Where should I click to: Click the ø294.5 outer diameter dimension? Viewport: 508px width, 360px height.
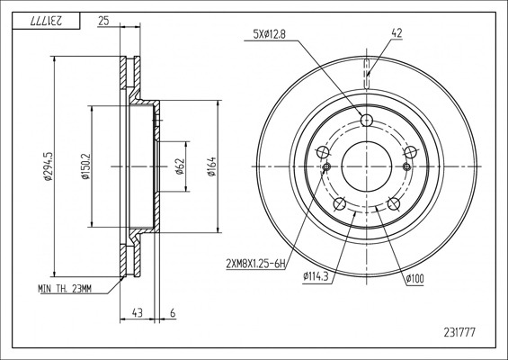click(x=49, y=166)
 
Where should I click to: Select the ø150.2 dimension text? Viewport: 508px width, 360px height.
click(x=85, y=166)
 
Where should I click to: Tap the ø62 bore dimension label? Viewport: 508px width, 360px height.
click(x=180, y=166)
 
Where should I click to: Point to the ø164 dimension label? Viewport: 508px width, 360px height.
click(x=212, y=166)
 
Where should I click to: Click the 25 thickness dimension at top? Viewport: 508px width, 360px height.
click(x=103, y=21)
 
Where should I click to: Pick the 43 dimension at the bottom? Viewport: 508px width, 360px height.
click(x=138, y=313)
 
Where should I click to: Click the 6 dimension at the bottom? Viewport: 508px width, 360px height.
click(x=173, y=313)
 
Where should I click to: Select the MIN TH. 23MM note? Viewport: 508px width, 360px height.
click(x=65, y=288)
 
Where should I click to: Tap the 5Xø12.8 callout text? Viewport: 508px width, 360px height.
click(x=269, y=34)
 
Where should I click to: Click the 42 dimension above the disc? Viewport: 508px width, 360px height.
click(x=397, y=32)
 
